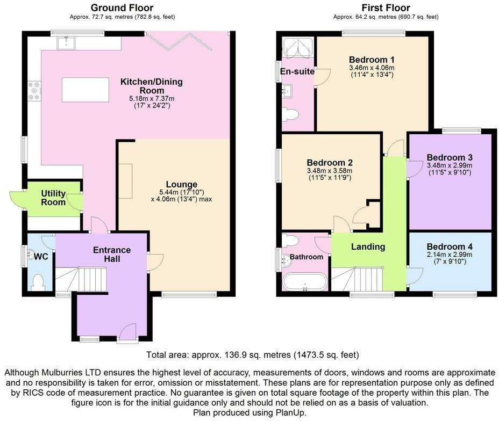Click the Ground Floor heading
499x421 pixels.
(x=122, y=8)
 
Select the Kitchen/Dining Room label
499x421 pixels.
(x=151, y=86)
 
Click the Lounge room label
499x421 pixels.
(x=182, y=184)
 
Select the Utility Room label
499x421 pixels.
(x=53, y=198)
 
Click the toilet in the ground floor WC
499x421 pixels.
(x=38, y=281)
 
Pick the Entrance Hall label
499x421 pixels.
(x=112, y=254)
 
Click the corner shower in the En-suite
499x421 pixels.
(x=297, y=48)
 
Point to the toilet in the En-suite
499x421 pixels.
(x=291, y=114)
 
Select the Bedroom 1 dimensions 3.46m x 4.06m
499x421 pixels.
(x=372, y=68)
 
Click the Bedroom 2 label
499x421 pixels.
(x=330, y=162)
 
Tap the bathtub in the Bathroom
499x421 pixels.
(x=304, y=282)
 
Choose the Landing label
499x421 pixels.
(x=368, y=246)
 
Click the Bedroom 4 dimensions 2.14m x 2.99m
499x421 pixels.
(x=449, y=255)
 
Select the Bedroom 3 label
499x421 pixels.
(x=450, y=157)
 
